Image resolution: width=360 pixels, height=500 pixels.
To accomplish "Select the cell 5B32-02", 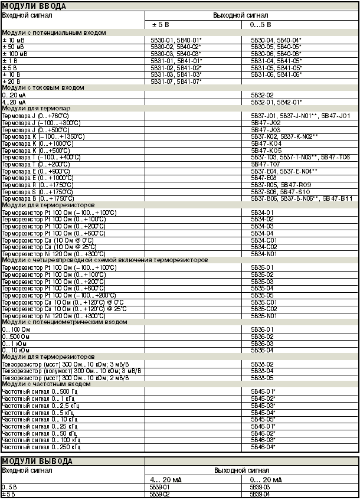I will pos(262,94).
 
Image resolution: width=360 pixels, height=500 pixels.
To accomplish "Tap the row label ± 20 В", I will pos(11,81).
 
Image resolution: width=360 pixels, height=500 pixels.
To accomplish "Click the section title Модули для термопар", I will pos(35,109).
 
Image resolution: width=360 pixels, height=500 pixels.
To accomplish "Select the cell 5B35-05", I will pos(262,295).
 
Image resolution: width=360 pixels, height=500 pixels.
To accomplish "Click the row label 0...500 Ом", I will pos(17,336).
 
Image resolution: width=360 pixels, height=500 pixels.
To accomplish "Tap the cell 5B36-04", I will pos(262,350).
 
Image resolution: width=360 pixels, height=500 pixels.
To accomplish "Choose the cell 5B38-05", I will pos(262,377).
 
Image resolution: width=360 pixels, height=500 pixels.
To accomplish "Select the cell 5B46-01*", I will pos(263,426).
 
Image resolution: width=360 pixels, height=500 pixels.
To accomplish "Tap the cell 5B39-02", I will pos(161,494).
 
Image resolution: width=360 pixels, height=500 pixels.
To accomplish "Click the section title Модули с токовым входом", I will pos(43,87).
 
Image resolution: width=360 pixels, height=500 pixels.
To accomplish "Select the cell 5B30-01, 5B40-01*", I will pos(176,39).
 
